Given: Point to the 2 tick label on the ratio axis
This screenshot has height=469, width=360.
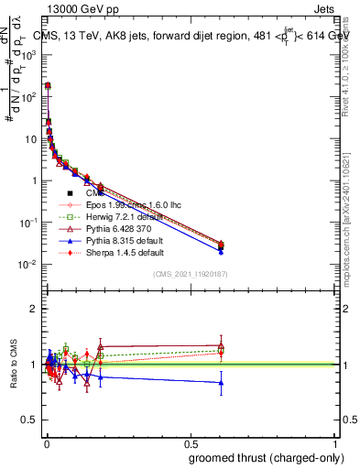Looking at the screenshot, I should [x=33, y=309].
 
